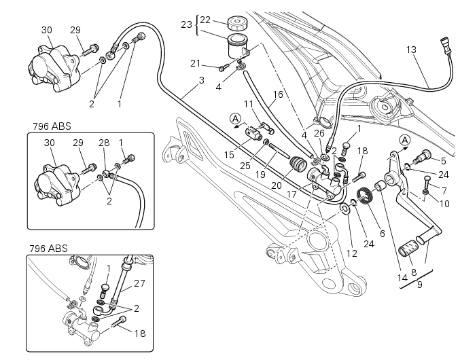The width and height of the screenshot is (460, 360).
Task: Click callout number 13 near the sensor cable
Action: pyautogui.click(x=411, y=50)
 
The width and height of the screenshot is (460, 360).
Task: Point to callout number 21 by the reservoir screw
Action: pyautogui.click(x=195, y=63)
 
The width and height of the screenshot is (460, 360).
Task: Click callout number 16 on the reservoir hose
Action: pyautogui.click(x=279, y=94)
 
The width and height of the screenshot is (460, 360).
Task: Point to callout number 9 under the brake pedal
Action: pyautogui.click(x=419, y=285)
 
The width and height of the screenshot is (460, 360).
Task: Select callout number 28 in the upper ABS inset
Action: pyautogui.click(x=104, y=143)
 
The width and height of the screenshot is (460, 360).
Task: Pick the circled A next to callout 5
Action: pyautogui.click(x=404, y=141)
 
